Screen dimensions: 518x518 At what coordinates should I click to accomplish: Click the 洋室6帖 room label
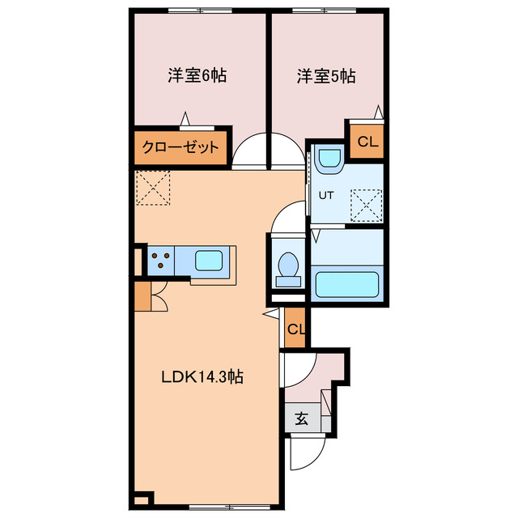coord(197,76)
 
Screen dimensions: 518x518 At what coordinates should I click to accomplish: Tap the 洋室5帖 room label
coord(326,76)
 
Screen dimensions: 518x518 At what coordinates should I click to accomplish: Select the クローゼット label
coord(180,147)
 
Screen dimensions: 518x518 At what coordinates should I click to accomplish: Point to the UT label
coord(325,195)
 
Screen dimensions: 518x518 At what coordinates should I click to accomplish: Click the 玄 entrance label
coord(301,418)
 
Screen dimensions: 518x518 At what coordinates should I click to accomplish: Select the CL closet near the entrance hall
coord(296,329)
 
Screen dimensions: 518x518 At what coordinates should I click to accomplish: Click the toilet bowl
coord(288,266)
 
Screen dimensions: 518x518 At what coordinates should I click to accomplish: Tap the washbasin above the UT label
coord(329,159)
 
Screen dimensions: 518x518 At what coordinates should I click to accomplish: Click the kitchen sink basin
coord(212,261)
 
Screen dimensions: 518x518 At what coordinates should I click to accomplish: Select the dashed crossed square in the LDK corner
coord(153,189)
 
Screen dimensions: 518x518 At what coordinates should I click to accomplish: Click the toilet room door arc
coord(287,219)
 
